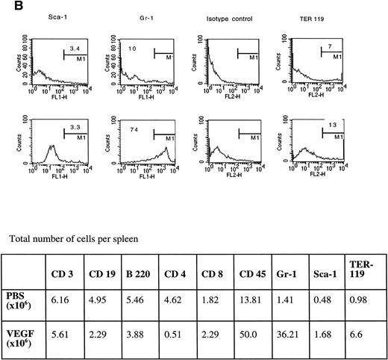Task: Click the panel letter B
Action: [7, 6]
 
